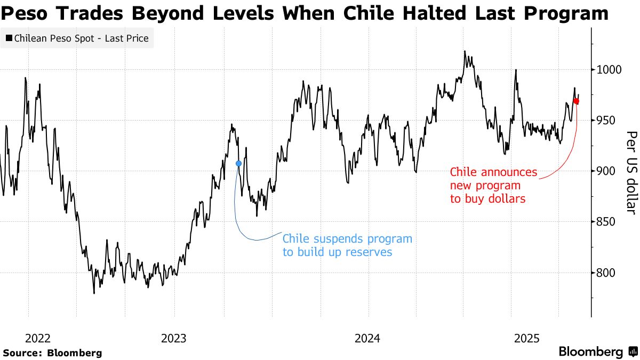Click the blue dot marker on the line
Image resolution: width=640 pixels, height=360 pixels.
tap(238, 163)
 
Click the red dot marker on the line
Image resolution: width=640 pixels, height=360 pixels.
tap(576, 101)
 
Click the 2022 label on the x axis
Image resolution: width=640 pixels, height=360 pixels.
tap(38, 338)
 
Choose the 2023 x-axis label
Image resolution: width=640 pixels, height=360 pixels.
tap(174, 338)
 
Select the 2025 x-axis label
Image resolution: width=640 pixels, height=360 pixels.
tap(527, 338)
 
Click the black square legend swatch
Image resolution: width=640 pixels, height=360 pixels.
tap(9, 38)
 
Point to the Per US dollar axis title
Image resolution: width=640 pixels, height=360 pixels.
tap(631, 173)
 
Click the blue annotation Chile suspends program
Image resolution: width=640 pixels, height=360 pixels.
tap(347, 245)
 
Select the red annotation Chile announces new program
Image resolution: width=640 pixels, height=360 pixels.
tap(493, 186)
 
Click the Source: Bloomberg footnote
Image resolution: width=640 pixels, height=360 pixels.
tap(52, 353)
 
